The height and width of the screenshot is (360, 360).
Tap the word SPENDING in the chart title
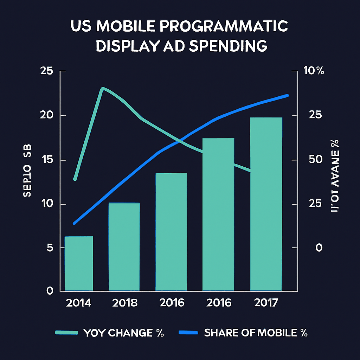pos(228,46)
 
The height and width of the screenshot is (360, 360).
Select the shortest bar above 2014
pos(79,263)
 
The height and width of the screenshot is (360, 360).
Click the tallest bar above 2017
pos(266,204)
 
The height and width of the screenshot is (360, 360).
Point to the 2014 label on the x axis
pos(78,303)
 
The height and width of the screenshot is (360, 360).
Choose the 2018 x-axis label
pos(125,303)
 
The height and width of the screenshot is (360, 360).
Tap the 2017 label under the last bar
pos(265,303)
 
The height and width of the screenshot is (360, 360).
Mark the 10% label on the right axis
pos(314,71)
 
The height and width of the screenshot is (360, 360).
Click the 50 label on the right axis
pos(314,160)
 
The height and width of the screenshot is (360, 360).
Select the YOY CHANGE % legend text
pos(124,333)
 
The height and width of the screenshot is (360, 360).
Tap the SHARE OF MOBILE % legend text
pos(256,333)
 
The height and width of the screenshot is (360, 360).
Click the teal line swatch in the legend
pos(66,333)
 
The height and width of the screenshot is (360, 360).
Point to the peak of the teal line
pos(103,88)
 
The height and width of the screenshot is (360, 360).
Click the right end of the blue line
pos(287,96)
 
